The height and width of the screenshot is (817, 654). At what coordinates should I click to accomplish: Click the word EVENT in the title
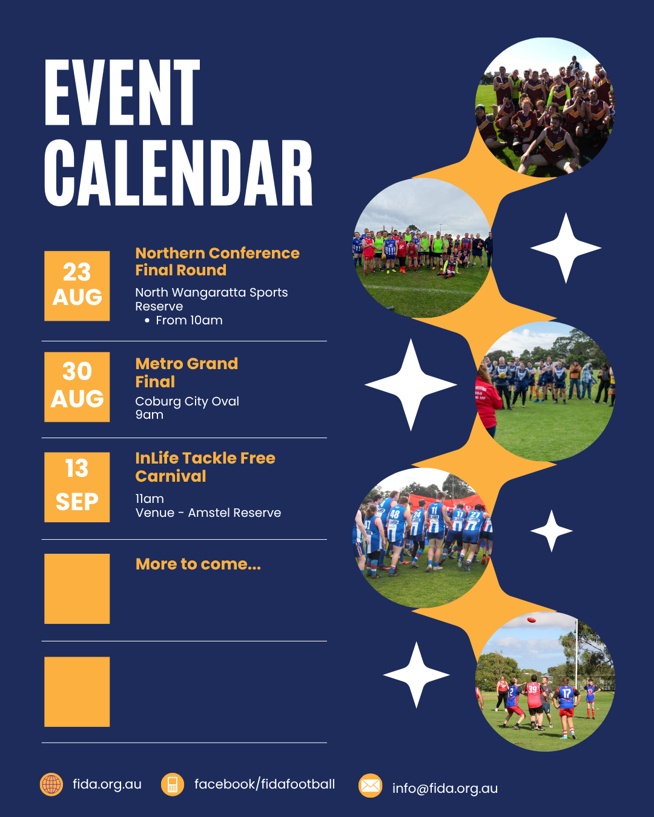(x=122, y=92)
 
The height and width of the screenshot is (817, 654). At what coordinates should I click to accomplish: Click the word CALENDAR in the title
(x=178, y=172)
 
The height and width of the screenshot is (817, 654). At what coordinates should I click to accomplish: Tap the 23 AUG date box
(x=77, y=286)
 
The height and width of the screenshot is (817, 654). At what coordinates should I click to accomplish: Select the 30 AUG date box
(x=77, y=387)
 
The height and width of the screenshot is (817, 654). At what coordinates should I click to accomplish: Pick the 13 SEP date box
(x=77, y=487)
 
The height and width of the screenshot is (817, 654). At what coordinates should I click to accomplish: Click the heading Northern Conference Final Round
(x=217, y=261)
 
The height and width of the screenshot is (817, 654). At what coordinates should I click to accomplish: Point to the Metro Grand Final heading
(x=187, y=372)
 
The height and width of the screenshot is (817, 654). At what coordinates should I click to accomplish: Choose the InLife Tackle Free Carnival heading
(x=205, y=467)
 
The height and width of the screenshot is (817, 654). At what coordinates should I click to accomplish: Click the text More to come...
(x=198, y=564)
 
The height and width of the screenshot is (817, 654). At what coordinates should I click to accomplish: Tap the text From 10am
(x=190, y=320)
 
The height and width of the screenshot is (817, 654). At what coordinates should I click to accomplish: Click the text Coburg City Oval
(x=187, y=401)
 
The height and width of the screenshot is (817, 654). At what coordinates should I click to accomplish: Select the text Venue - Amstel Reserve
(x=208, y=513)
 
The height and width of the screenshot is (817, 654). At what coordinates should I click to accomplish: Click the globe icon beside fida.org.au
(x=51, y=784)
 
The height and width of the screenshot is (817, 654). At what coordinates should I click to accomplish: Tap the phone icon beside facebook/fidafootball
(x=173, y=784)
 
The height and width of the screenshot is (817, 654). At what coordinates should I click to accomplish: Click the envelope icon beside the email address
(x=370, y=785)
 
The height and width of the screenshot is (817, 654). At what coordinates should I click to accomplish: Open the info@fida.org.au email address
(x=445, y=789)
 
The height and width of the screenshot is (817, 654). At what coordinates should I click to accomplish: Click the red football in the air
(x=531, y=620)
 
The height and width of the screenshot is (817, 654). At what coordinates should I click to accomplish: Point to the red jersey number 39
(x=533, y=689)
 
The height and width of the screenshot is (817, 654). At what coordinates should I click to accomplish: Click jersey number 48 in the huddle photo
(x=395, y=514)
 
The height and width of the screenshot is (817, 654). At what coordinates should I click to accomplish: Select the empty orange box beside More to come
(x=77, y=589)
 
